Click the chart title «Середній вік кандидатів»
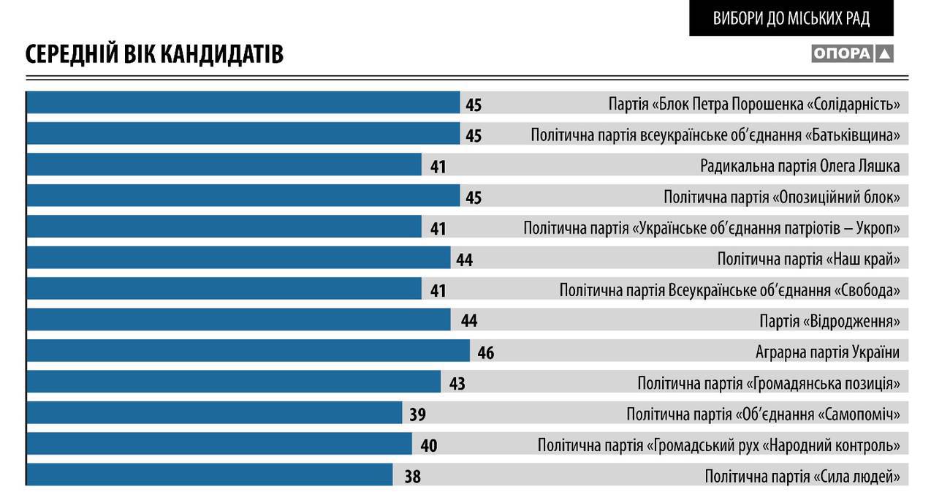click(x=154, y=54)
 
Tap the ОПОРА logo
click(x=852, y=53)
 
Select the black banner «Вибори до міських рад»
click(x=791, y=18)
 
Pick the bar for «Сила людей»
click(x=209, y=475)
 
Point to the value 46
click(x=486, y=353)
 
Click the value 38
click(x=412, y=477)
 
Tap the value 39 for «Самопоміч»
click(x=417, y=415)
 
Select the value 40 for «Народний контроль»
click(x=428, y=445)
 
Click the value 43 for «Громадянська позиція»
click(x=457, y=383)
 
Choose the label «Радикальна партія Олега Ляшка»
click(x=799, y=166)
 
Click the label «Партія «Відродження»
click(x=829, y=321)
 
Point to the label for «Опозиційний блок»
click(x=781, y=197)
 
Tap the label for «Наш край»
click(x=807, y=259)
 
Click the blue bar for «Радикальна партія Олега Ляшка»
click(x=224, y=165)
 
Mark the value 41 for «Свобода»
click(x=438, y=291)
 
